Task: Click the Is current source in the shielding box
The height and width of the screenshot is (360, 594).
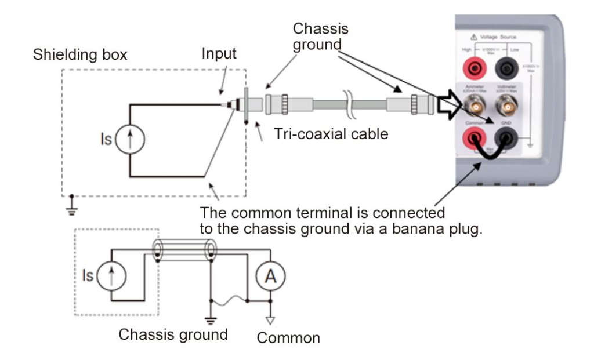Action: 129,140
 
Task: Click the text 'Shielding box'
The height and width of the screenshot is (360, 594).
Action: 80,56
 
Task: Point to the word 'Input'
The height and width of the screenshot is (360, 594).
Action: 219,54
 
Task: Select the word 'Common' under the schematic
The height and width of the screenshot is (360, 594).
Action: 288,337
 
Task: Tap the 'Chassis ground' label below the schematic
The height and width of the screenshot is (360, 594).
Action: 173,334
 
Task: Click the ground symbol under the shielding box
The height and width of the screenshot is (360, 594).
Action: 71,209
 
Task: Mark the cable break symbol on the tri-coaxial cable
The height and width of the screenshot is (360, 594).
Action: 350,100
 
